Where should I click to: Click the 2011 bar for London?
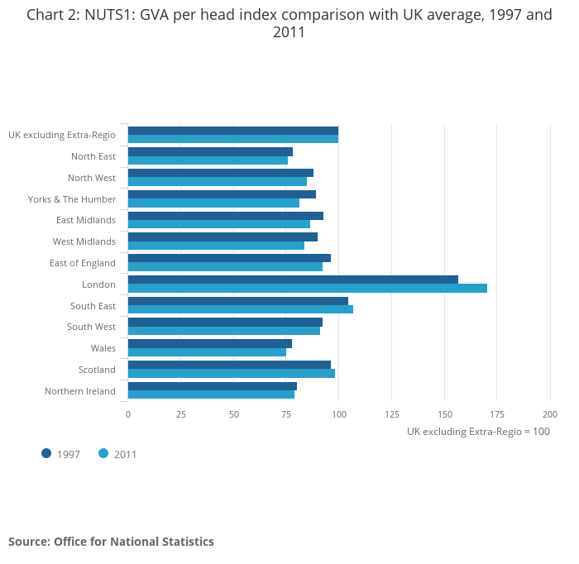click(x=308, y=288)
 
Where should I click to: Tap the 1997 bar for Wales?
click(x=210, y=343)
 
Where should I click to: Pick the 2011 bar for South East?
click(x=241, y=309)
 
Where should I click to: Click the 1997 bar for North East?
click(x=210, y=151)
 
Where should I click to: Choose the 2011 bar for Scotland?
click(x=232, y=373)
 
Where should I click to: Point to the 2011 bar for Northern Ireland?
click(x=211, y=394)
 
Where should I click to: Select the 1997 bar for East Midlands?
click(x=226, y=215)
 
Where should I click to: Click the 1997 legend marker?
click(x=46, y=453)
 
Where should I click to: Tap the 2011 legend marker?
click(x=103, y=453)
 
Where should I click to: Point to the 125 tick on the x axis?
click(x=392, y=413)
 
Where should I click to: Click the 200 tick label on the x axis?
click(x=550, y=413)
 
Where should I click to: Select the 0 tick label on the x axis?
click(x=128, y=413)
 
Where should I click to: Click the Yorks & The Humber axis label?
click(x=72, y=198)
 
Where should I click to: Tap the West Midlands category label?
click(x=84, y=241)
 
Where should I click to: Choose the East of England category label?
click(x=83, y=263)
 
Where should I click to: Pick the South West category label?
click(x=91, y=327)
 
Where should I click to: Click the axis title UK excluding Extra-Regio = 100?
click(x=478, y=431)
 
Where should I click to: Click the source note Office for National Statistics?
click(x=111, y=542)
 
